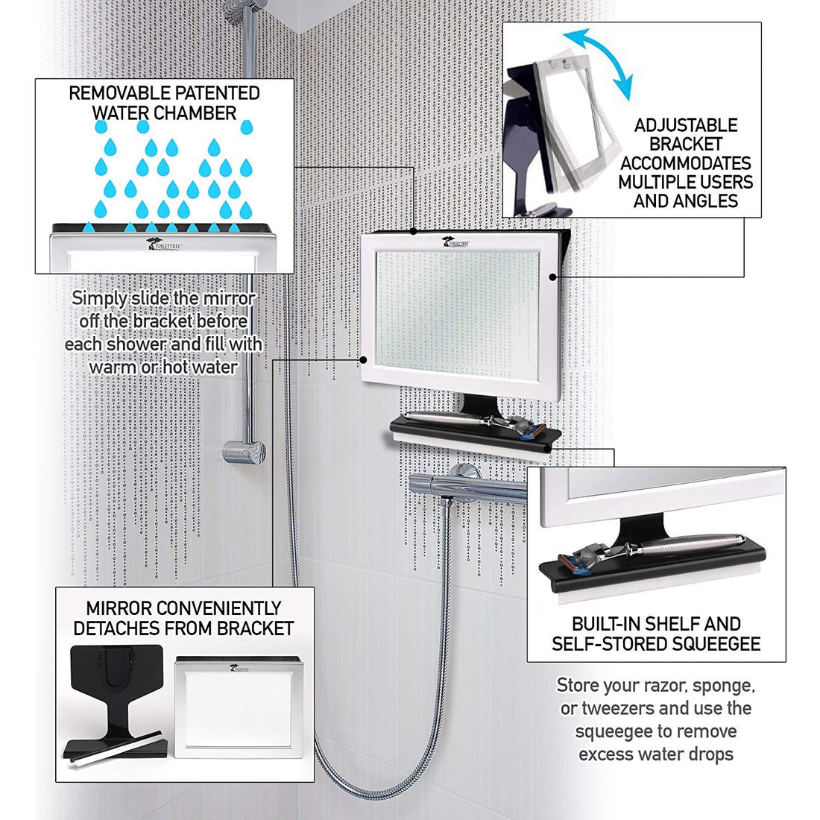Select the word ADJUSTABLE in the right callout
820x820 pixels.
click(x=686, y=125)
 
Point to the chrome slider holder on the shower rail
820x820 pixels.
click(x=245, y=450)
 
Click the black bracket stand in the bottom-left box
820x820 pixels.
click(x=113, y=693)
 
